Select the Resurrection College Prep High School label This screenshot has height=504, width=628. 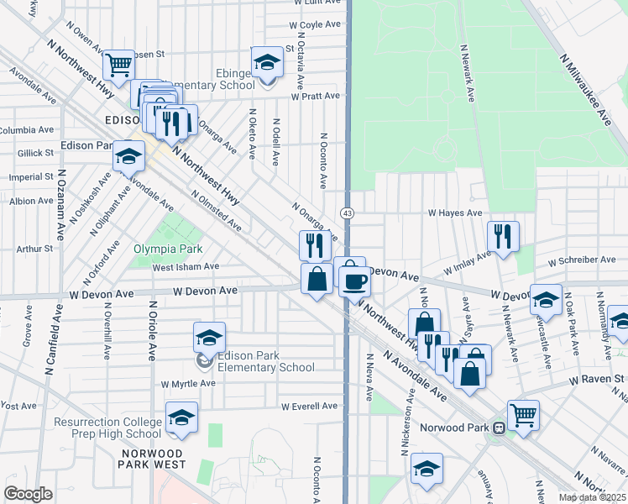107,428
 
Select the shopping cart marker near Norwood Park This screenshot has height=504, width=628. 523,413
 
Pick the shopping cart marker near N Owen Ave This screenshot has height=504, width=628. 118,63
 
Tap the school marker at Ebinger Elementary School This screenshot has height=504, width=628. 267,63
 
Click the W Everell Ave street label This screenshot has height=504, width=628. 309,407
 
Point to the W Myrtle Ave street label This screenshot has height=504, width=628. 189,383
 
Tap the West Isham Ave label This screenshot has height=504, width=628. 186,267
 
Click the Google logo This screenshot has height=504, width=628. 29,494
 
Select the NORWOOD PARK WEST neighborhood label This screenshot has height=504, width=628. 153,458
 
